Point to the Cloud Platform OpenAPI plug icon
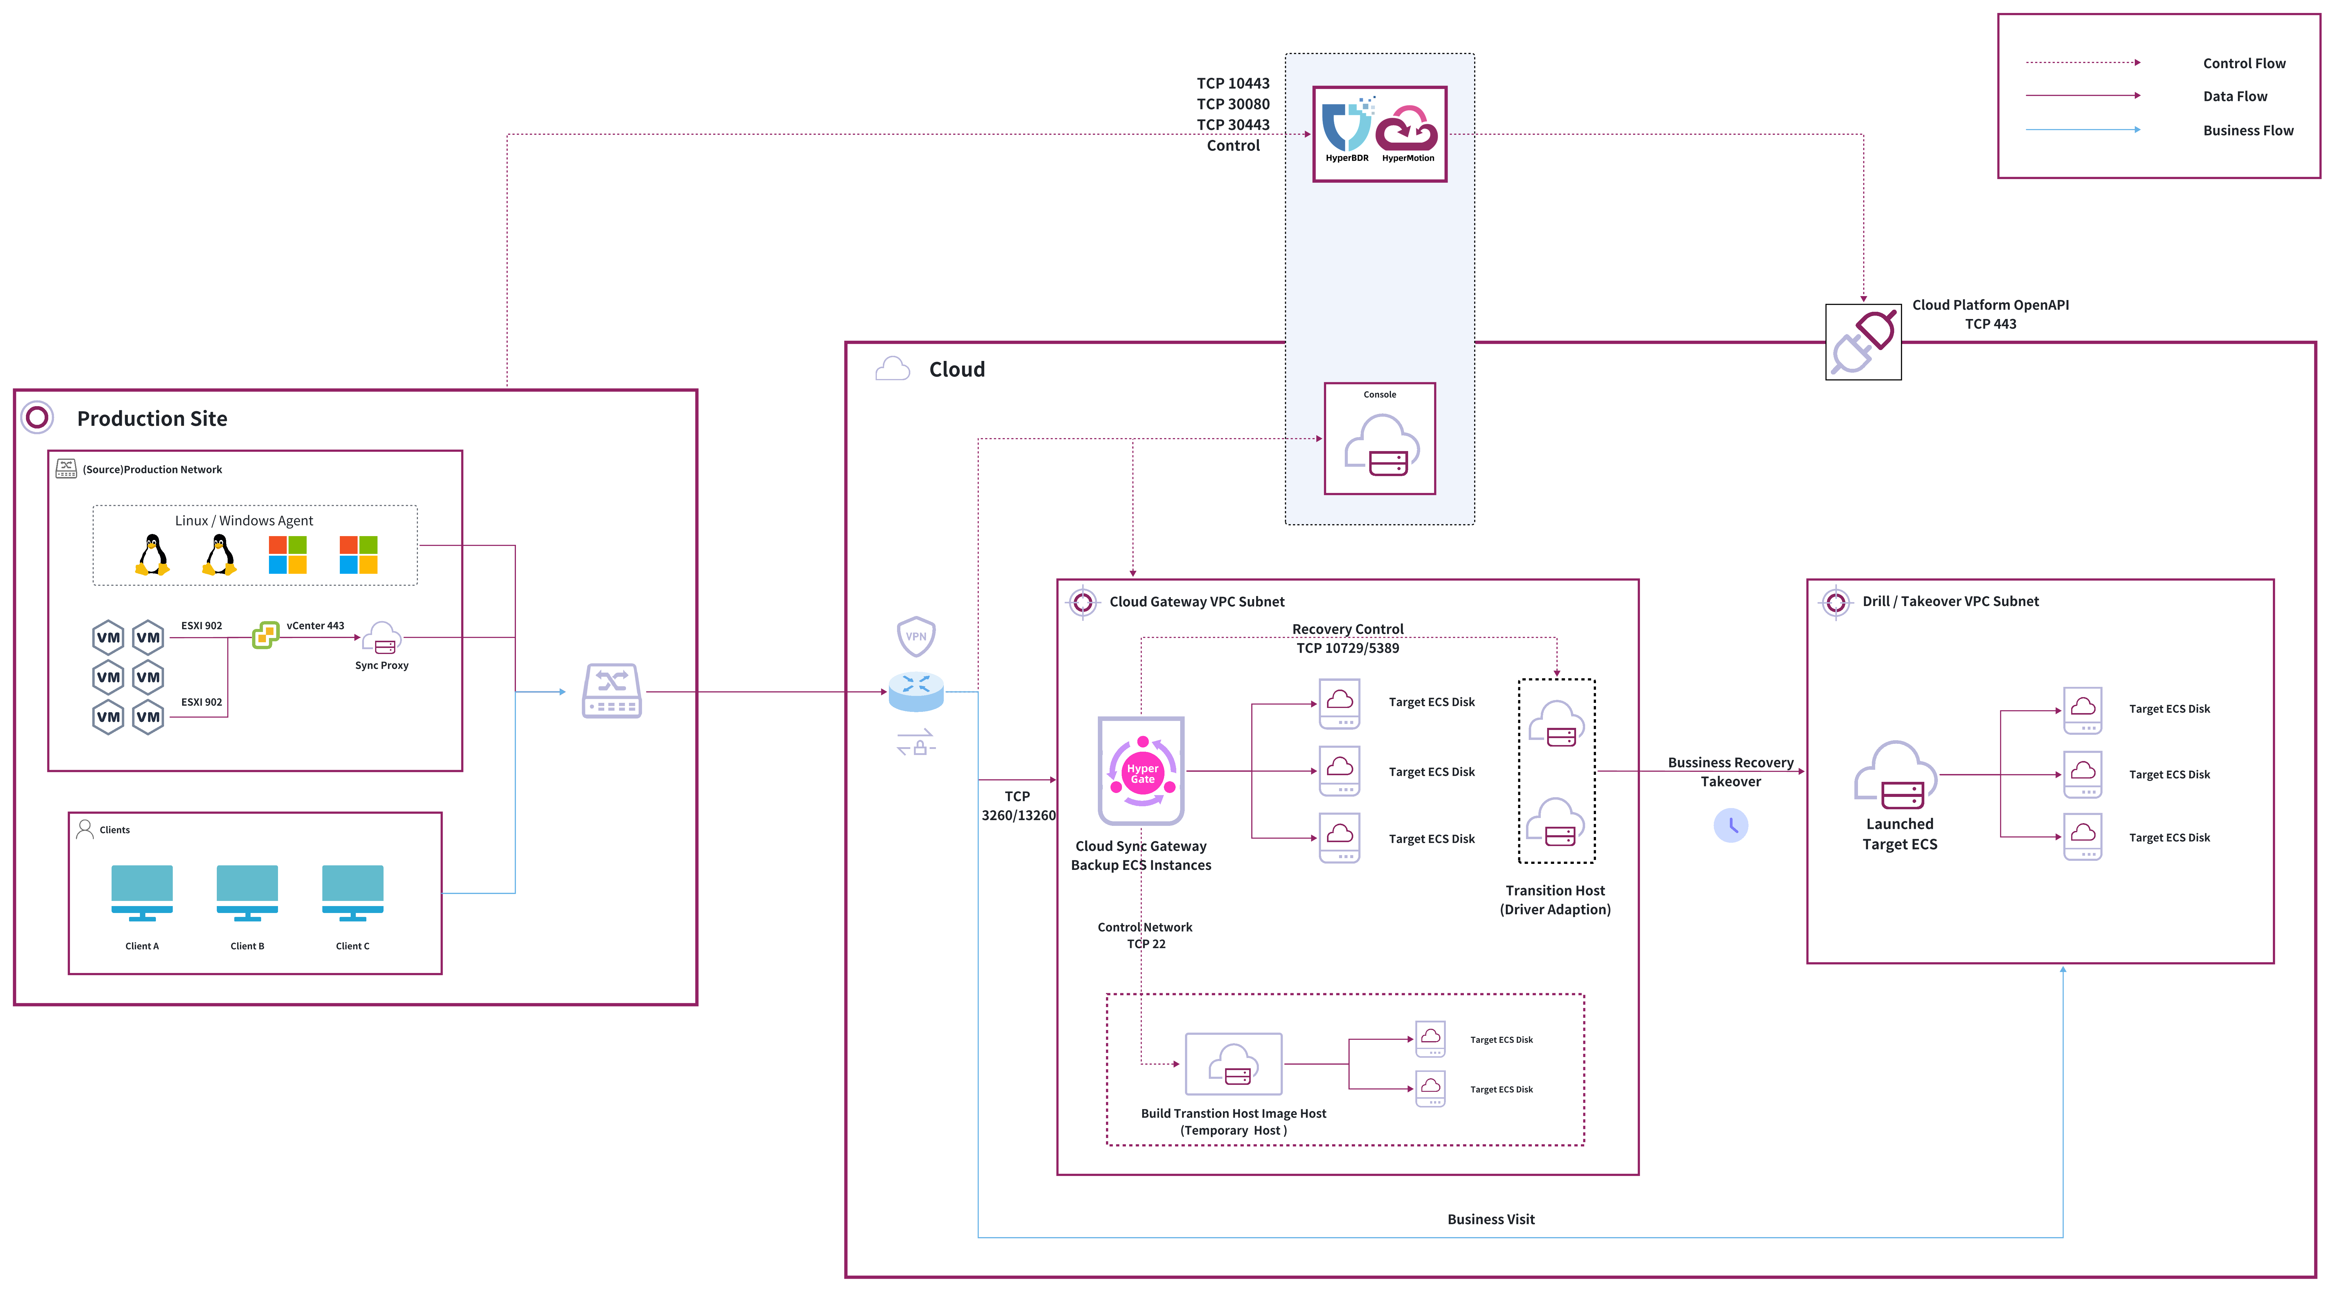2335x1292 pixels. click(x=1863, y=342)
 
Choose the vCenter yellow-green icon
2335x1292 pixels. click(x=266, y=635)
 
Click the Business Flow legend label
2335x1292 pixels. click(x=2248, y=131)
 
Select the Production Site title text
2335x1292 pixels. click(x=152, y=419)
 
